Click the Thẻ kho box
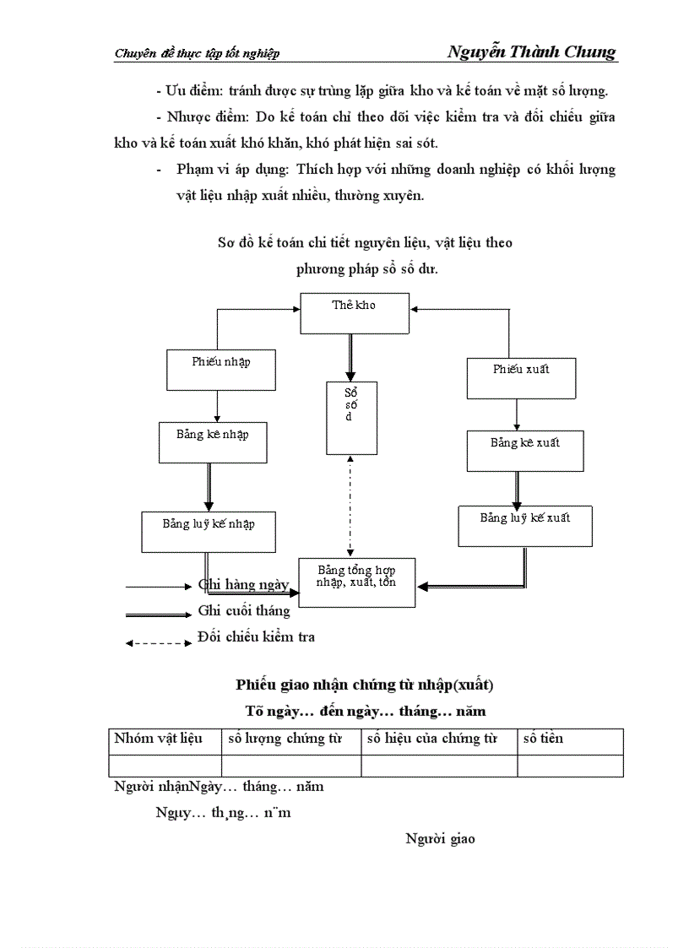(x=355, y=314)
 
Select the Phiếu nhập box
(x=221, y=370)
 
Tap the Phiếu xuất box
(x=521, y=377)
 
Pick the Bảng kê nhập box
(x=213, y=441)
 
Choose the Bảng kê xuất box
(x=524, y=450)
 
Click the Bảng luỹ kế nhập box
(x=209, y=531)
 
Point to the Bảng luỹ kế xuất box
(x=524, y=525)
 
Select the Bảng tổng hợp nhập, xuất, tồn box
(x=357, y=582)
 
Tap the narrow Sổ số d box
(x=352, y=418)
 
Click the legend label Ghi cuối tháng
(x=244, y=610)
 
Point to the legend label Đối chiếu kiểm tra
(x=256, y=637)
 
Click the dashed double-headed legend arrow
(x=159, y=643)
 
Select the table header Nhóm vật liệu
(x=158, y=739)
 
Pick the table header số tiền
(x=543, y=739)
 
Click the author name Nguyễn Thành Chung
(x=532, y=52)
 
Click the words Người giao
(x=440, y=838)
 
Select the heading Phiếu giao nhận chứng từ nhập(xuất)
(x=365, y=685)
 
